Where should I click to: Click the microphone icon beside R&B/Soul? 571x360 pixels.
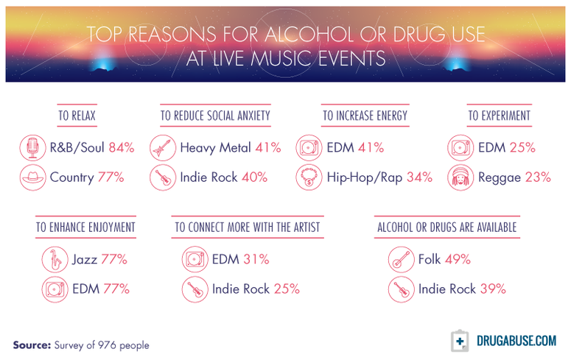click(32, 148)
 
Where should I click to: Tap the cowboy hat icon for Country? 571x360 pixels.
click(32, 177)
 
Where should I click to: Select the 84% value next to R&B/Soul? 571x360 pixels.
click(122, 147)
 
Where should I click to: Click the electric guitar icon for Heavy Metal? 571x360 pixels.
click(163, 148)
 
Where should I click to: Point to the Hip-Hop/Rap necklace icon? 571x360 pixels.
click(309, 177)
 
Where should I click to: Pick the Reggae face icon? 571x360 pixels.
click(460, 177)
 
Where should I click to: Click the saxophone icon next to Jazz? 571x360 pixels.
click(55, 260)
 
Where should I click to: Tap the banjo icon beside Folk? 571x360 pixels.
click(402, 260)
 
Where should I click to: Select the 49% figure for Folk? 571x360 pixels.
click(458, 259)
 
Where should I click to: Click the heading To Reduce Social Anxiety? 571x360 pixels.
click(215, 116)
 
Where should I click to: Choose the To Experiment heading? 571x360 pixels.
click(500, 116)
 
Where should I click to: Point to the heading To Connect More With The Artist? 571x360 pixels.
click(248, 227)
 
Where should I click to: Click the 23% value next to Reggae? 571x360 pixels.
click(538, 177)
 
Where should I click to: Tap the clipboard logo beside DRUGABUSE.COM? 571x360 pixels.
click(460, 341)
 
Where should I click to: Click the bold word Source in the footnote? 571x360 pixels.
click(32, 345)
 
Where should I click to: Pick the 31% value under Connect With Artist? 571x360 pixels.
click(256, 259)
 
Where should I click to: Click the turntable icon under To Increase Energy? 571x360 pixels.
click(309, 148)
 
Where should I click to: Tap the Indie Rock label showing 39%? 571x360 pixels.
click(446, 289)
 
